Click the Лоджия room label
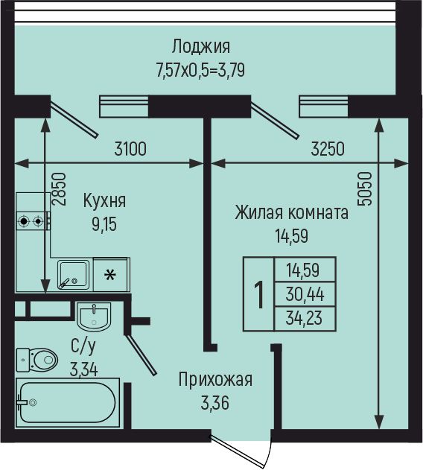(x=200, y=46)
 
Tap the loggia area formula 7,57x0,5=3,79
(x=200, y=71)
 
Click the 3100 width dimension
(x=130, y=148)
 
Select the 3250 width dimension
(x=328, y=148)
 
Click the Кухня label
(x=104, y=200)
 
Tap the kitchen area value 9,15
(x=104, y=222)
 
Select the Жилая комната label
(x=291, y=213)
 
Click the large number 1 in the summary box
(x=259, y=295)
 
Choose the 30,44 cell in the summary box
(x=305, y=293)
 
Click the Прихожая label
(x=215, y=380)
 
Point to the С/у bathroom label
(x=82, y=346)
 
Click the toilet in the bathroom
(x=37, y=361)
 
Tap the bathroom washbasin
(x=94, y=317)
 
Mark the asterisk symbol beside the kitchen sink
(x=110, y=276)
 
